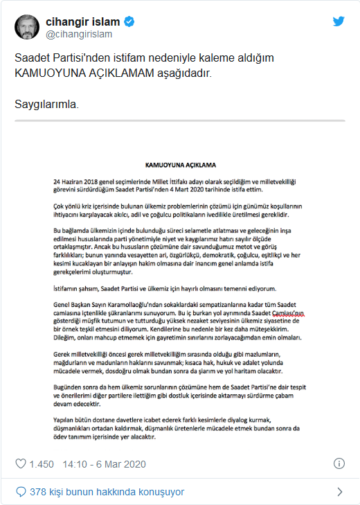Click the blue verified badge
pyautogui.click(x=128, y=20)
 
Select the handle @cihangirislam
pyautogui.click(x=78, y=33)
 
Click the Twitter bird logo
pyautogui.click(x=339, y=21)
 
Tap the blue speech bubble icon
pyautogui.click(x=21, y=492)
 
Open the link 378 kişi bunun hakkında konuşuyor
pyautogui.click(x=107, y=492)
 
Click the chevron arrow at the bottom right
pyautogui.click(x=339, y=492)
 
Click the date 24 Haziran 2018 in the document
pyautogui.click(x=75, y=180)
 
